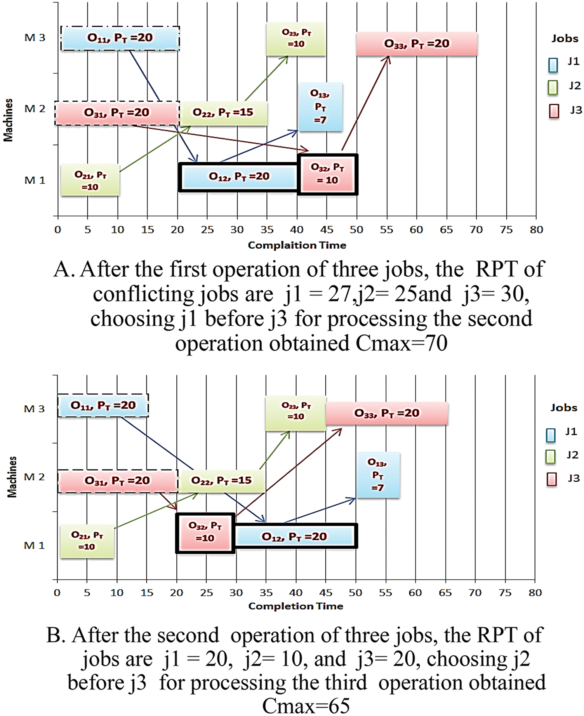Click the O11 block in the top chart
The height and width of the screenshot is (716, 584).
point(120,38)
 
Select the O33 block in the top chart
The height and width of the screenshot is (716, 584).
point(417,44)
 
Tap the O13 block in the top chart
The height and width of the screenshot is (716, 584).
point(320,106)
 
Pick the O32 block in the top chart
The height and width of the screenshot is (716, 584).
point(327,174)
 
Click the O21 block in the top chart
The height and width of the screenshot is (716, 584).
point(90,181)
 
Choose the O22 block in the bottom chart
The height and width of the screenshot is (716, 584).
point(222,481)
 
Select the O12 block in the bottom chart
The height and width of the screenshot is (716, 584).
point(295,537)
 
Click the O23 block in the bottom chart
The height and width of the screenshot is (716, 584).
point(296,413)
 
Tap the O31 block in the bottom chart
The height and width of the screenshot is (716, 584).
point(118,481)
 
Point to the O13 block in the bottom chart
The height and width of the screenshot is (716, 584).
point(378,474)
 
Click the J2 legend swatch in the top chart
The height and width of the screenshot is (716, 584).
point(553,87)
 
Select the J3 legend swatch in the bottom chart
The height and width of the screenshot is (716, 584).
point(552,479)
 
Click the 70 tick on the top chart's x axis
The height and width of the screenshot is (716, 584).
point(476,230)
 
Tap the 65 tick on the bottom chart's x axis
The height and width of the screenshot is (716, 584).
point(445,593)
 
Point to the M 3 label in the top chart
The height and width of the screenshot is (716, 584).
point(35,38)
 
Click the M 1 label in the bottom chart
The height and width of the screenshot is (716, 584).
point(34,546)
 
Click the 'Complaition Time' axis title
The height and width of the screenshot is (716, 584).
point(297,245)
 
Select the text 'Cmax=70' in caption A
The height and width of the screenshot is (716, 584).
point(401,344)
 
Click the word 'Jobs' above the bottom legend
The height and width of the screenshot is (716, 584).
point(564,408)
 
